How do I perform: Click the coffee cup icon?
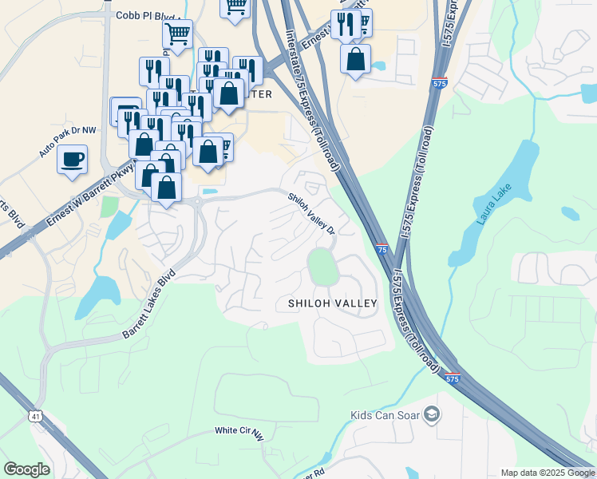point(72,158)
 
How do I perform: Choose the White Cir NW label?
point(238,432)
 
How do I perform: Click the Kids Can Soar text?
point(385,415)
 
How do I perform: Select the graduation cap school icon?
point(432,414)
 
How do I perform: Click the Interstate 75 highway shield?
point(382,250)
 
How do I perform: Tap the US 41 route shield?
point(35,416)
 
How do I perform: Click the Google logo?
point(26,469)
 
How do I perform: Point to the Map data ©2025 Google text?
point(547,473)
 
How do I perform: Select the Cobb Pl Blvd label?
point(148,14)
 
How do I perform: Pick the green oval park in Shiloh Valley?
point(322,266)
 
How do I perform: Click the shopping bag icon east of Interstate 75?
point(355,58)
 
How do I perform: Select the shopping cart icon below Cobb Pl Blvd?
point(177,34)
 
